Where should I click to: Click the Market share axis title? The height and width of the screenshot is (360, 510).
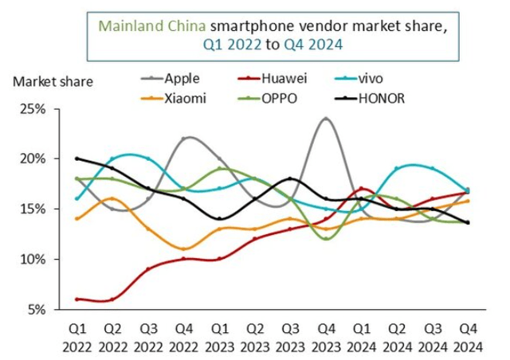(x=53, y=81)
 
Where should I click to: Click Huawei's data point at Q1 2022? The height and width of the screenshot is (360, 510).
(x=76, y=299)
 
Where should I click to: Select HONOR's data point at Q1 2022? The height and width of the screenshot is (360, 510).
(x=76, y=158)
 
